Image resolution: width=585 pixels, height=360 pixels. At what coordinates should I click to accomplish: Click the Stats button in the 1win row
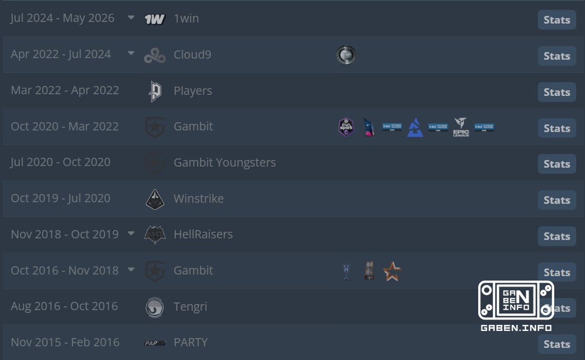557,20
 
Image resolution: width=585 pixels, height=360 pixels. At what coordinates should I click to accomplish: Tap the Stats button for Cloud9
557,56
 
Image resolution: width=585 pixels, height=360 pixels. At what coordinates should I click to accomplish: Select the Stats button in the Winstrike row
557,200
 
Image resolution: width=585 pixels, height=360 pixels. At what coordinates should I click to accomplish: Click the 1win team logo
154,19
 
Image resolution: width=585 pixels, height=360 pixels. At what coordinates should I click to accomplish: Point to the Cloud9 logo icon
155,55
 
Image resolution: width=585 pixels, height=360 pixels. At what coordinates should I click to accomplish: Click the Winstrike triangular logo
155,199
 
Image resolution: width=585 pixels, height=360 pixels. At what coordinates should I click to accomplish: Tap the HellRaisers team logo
155,235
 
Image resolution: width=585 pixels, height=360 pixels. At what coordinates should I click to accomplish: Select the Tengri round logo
154,307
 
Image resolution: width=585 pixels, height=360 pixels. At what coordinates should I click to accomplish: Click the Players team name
193,90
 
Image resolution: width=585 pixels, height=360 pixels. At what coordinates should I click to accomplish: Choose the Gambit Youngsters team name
225,163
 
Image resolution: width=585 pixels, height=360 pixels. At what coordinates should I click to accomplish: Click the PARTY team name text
191,342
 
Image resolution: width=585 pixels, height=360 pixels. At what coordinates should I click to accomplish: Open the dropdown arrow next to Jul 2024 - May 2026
131,17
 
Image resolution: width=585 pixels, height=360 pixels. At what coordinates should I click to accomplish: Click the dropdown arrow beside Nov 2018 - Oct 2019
131,233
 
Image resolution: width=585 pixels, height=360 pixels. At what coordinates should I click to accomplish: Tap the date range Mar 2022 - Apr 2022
65,90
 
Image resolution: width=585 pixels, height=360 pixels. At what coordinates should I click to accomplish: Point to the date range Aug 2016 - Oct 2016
64,306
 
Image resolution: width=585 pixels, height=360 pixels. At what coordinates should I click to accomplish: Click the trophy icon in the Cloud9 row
346,55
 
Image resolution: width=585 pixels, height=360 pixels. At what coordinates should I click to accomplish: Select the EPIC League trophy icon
461,127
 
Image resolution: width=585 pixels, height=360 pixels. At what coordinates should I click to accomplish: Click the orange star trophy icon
392,271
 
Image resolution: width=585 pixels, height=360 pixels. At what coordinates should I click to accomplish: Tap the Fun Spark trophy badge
346,127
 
